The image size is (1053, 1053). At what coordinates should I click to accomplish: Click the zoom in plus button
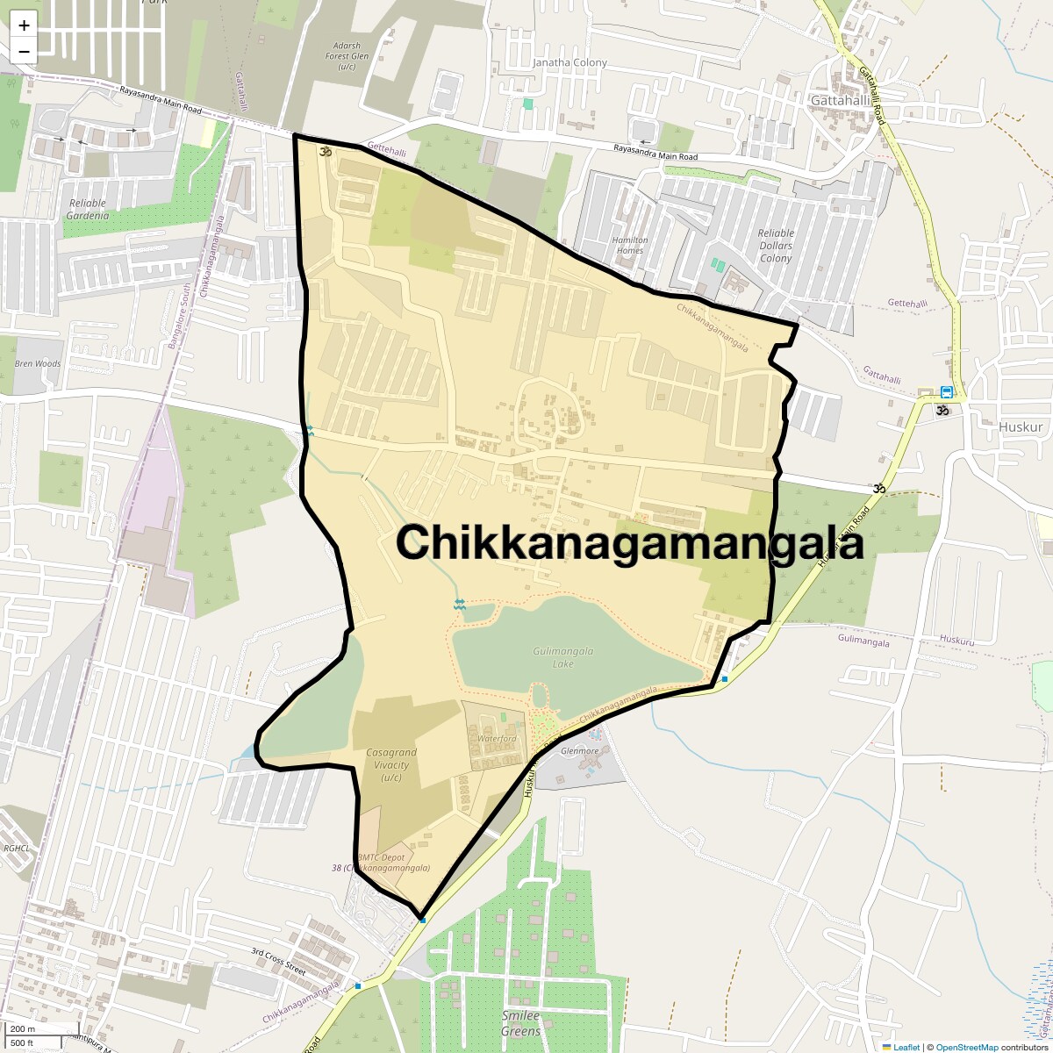[24, 25]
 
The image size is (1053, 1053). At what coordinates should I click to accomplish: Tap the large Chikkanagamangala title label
[630, 542]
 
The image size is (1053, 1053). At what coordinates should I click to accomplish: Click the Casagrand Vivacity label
[391, 764]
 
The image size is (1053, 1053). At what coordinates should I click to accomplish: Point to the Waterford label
[497, 739]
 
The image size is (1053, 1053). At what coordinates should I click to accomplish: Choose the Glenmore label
[579, 751]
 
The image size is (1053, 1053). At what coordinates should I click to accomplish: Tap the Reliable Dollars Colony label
[776, 246]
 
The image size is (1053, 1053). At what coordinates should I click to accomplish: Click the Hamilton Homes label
[630, 245]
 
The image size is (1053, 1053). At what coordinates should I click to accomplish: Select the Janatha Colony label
[569, 63]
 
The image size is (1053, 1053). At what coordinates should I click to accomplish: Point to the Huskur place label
[1021, 427]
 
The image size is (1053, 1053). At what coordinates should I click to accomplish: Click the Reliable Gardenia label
[89, 209]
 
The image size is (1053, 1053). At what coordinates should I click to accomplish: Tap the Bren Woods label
[38, 363]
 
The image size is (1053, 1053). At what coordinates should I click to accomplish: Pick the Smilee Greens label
[521, 1023]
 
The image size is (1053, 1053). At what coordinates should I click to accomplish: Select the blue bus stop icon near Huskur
[947, 392]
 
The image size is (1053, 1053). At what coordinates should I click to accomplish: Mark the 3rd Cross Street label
[277, 962]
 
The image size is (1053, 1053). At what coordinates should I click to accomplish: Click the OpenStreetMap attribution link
[966, 1047]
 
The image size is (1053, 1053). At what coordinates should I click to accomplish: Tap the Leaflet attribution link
[906, 1047]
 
